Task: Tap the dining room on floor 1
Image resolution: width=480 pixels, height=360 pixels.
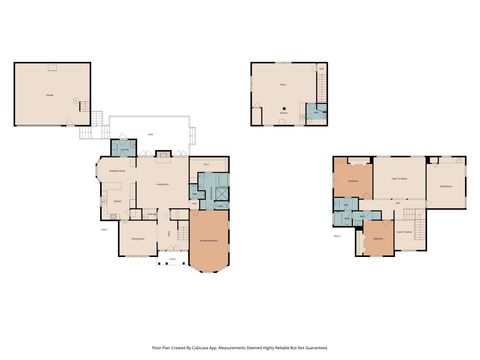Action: click(x=137, y=239)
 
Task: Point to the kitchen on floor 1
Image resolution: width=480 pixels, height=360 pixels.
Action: click(x=117, y=201)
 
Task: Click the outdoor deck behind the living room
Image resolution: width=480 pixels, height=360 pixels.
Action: click(x=150, y=133)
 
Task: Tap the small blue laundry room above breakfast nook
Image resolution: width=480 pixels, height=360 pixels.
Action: click(x=124, y=148)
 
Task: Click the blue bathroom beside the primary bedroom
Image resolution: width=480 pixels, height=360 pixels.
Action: click(x=212, y=188)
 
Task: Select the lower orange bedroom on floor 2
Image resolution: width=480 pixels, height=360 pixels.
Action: click(x=379, y=239)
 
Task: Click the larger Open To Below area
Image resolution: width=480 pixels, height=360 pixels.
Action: click(x=399, y=180)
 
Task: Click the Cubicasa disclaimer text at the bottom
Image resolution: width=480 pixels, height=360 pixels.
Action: click(x=240, y=348)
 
